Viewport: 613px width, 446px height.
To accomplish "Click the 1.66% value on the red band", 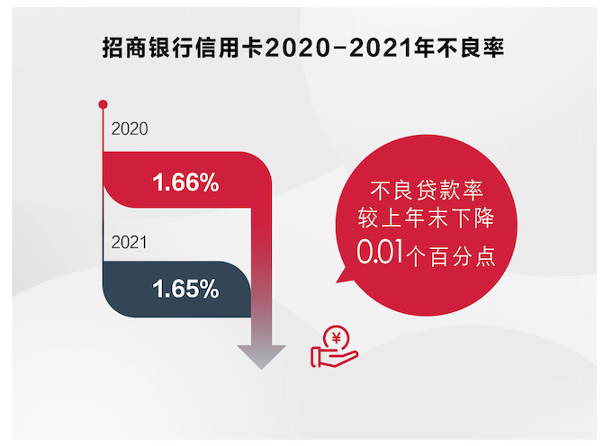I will (185, 184).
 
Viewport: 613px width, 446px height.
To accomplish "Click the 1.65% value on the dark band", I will (185, 290).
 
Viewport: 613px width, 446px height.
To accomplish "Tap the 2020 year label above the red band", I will (129, 129).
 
